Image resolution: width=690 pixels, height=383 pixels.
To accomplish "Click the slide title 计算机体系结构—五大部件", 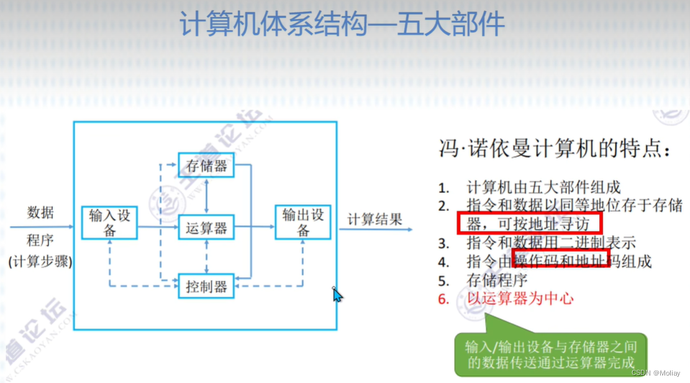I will coord(342,25).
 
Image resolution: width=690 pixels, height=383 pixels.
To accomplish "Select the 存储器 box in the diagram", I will coord(206,166).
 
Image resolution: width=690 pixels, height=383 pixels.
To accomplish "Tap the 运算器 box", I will coord(206,228).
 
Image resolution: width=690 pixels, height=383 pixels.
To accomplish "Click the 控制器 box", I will coord(206,286).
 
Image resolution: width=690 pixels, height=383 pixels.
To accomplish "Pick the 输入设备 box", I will coord(109,222).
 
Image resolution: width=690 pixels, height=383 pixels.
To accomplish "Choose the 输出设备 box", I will coord(303,222).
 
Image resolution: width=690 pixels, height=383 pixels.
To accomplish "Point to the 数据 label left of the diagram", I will coord(40,213).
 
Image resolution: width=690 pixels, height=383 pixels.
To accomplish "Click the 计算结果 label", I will coord(375,219).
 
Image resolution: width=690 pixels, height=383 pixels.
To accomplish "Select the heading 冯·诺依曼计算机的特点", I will coord(555,150).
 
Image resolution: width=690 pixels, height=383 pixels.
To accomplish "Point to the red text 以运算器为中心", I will coord(520,299).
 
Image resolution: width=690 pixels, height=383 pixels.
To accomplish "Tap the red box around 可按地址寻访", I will coord(530,223).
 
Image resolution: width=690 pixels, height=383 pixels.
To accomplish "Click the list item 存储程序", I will coord(497,280).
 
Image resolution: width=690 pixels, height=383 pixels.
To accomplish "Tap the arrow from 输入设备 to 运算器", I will coord(157,227).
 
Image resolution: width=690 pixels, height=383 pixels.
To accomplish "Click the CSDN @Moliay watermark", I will coord(656,373).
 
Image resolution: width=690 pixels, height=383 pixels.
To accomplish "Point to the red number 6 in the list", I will coord(443,299).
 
